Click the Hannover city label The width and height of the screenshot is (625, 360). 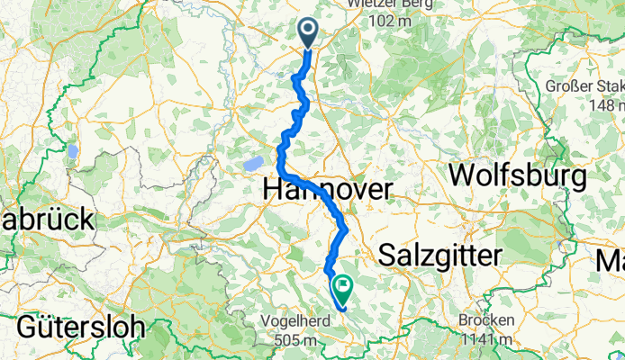pyautogui.click(x=328, y=190)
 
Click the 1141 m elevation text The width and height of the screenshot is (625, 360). pyautogui.click(x=489, y=338)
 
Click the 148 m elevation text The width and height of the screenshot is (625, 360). pyautogui.click(x=606, y=105)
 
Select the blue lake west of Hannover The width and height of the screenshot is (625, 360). pyautogui.click(x=252, y=164)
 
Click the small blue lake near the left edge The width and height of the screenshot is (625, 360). pyautogui.click(x=71, y=151)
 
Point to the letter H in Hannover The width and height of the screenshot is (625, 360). pyautogui.click(x=274, y=190)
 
